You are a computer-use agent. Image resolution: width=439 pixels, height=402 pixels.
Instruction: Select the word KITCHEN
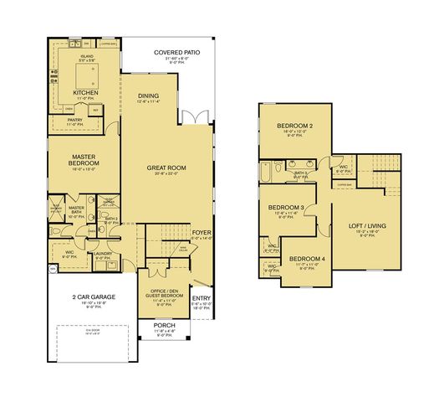click(86, 93)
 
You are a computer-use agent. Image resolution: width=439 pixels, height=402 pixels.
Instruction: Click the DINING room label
click(148, 96)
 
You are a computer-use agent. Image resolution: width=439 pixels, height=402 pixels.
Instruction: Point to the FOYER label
click(202, 232)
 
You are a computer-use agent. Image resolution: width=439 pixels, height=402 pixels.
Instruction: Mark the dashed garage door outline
click(93, 341)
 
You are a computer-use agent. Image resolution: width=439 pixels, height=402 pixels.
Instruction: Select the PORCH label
click(164, 325)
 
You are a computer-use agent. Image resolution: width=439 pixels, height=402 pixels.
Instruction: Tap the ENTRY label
click(202, 297)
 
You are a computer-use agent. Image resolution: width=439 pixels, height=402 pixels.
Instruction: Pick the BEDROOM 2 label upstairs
click(294, 126)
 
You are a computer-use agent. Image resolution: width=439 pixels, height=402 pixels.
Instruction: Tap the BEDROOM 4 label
click(307, 259)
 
